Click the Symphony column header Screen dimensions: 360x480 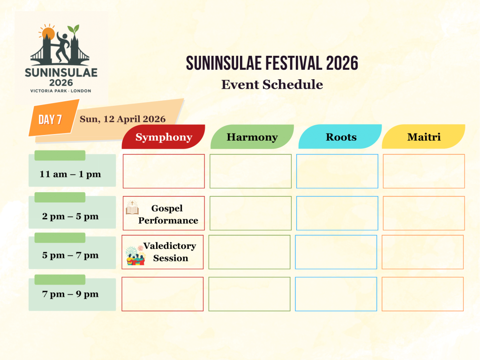click(x=164, y=137)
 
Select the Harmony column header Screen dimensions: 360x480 click(x=252, y=137)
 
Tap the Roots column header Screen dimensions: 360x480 click(x=341, y=137)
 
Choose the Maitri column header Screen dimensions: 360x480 click(x=424, y=137)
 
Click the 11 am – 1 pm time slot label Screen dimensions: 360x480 click(x=71, y=174)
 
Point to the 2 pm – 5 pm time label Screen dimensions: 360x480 click(x=71, y=216)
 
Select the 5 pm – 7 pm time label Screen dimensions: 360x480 click(x=71, y=255)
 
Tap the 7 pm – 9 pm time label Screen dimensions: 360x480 click(x=71, y=294)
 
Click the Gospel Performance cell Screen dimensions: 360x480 click(x=167, y=214)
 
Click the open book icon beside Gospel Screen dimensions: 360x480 click(x=132, y=207)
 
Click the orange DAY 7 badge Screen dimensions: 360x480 click(x=51, y=120)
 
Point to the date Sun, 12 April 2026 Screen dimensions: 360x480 click(x=122, y=119)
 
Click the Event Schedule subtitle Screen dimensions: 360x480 click(x=272, y=84)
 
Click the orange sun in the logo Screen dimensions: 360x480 click(x=48, y=34)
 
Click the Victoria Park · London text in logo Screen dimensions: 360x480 click(x=60, y=90)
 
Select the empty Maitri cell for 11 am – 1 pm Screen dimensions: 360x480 click(x=424, y=171)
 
